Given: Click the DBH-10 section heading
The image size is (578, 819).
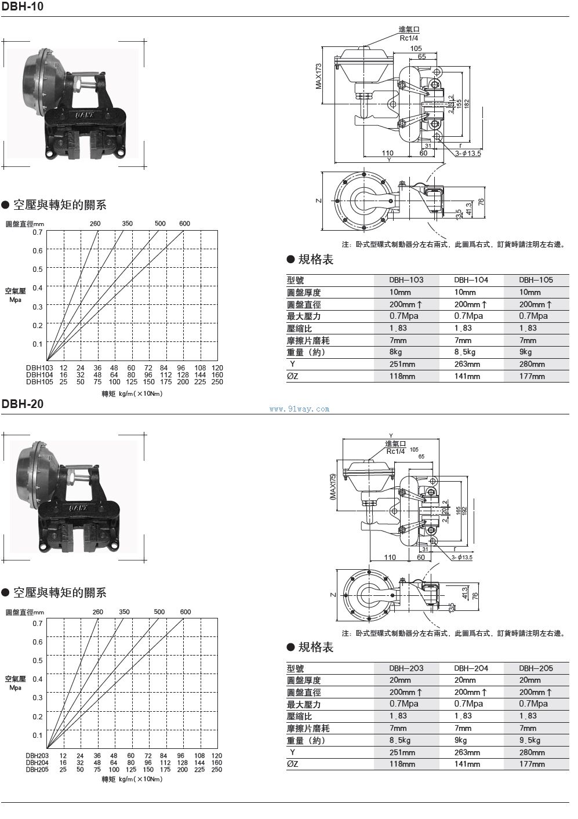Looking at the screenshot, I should point(23,7).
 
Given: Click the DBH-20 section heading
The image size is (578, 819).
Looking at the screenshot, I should point(23,404).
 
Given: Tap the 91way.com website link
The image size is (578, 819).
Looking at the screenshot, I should point(299,409).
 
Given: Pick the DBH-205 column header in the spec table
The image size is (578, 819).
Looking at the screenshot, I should point(536,668).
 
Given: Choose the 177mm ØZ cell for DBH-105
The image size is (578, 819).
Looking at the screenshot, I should point(532,376).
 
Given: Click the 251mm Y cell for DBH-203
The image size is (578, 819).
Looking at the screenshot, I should point(402,752).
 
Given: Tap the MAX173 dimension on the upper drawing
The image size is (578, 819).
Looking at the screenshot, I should point(319,76).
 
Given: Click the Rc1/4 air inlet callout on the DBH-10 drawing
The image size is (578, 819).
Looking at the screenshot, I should point(409,38).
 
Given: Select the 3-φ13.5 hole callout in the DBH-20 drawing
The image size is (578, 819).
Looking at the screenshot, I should point(462,557).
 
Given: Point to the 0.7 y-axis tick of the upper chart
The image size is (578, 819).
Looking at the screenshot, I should point(38,232).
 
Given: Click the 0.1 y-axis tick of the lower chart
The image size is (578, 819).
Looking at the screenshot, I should point(38,735).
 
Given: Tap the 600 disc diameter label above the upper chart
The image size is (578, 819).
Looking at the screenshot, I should point(184,224).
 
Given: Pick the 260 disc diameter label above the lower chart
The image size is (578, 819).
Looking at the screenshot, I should point(97,612).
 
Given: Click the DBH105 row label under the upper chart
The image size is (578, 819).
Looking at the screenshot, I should point(39,382).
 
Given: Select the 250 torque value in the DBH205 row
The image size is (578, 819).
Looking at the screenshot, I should point(217,770).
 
